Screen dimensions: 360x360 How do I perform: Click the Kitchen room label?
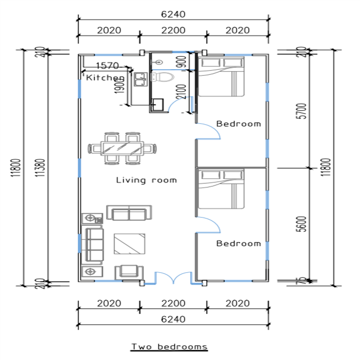coord(105,77)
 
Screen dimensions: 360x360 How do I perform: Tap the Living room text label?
coord(146,180)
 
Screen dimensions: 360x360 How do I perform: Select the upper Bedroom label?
coord(239,124)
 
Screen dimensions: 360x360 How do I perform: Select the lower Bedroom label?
coord(239,243)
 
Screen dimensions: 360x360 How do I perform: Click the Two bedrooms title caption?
coord(169,346)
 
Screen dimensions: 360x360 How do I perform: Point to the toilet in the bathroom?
coord(163,77)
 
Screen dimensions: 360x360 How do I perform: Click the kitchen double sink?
coord(140,79)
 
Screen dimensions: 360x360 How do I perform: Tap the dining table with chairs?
coord(122,147)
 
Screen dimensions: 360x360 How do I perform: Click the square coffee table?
coord(129,243)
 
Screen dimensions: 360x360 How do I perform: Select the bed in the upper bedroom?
coord(221,76)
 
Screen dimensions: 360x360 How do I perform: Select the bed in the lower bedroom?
coord(221,188)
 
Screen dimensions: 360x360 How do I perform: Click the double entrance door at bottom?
coord(173,278)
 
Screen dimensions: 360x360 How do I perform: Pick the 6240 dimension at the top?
coord(173,14)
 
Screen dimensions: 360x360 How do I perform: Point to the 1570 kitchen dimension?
coord(108,66)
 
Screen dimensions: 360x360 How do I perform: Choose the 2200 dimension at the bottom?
coord(173,303)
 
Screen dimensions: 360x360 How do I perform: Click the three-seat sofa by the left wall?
coord(94,244)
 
